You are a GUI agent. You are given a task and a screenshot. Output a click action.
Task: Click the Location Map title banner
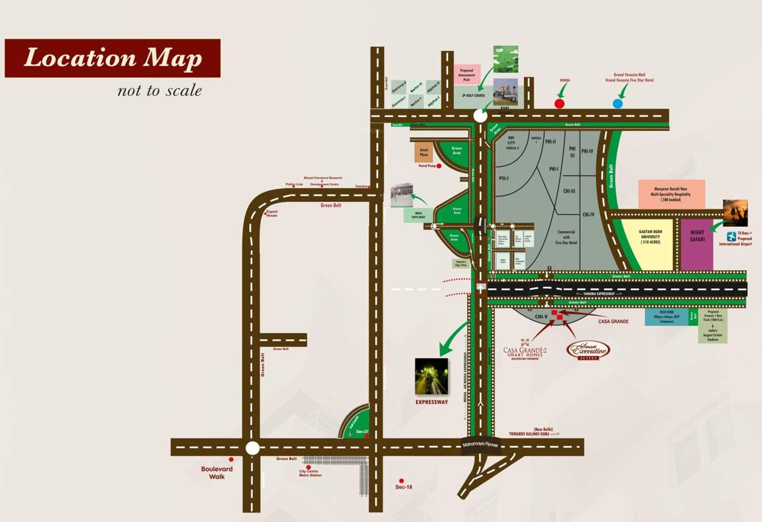click(x=113, y=58)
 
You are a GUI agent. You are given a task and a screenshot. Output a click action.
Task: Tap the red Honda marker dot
click(x=559, y=104)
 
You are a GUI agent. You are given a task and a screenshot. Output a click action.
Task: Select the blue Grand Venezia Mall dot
click(x=617, y=103)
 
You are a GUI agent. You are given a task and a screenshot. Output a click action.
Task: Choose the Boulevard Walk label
click(x=217, y=472)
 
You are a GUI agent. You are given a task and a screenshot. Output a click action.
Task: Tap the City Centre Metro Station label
click(x=310, y=472)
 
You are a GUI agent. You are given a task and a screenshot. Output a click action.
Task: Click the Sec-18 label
click(x=404, y=487)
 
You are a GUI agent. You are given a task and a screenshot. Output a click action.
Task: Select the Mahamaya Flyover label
click(x=481, y=445)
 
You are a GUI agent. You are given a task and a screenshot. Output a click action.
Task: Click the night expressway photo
click(x=432, y=377)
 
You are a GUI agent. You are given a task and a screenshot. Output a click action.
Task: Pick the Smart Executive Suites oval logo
click(x=589, y=350)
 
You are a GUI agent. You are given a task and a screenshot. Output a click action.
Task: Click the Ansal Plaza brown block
click(x=423, y=152)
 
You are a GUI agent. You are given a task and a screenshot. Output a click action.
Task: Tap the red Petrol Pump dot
click(x=439, y=166)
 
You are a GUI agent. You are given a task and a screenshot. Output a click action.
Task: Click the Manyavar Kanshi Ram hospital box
click(x=671, y=194)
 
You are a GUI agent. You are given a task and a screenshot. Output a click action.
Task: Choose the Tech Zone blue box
click(x=666, y=317)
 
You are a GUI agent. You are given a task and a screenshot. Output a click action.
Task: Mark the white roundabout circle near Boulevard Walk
click(x=252, y=448)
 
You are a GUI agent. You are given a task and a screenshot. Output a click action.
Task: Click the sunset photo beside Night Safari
click(x=735, y=213)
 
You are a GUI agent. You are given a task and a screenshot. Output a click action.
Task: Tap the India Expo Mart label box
click(x=418, y=215)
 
